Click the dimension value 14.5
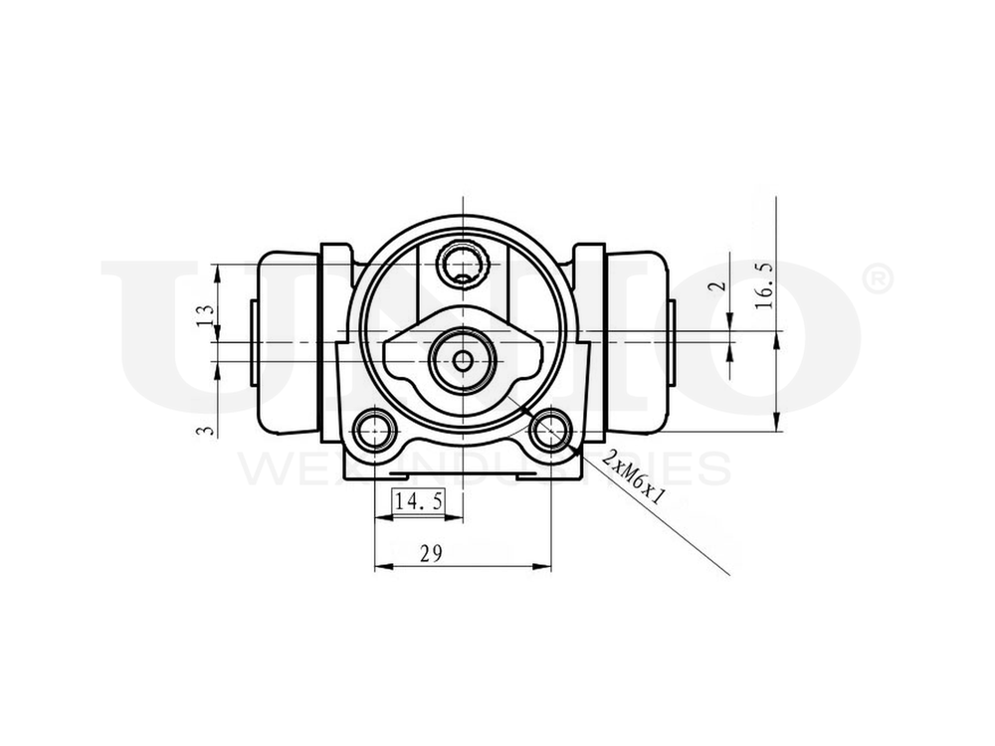tap(418, 502)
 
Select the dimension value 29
tap(431, 554)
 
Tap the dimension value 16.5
tap(764, 287)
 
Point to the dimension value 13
tap(206, 317)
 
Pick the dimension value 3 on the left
tap(206, 430)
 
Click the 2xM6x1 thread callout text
tap(636, 475)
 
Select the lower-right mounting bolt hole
tap(549, 430)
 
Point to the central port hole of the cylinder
tap(464, 360)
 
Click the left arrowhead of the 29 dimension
tap(379, 568)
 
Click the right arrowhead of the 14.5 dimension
tap(459, 517)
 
